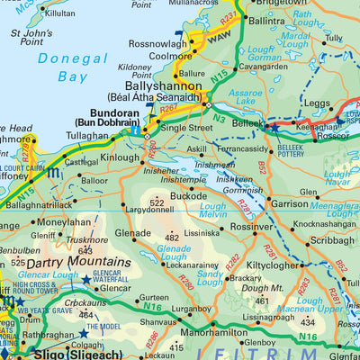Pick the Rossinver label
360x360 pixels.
click(x=251, y=227)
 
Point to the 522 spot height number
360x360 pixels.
click(x=157, y=204)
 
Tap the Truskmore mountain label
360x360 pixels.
click(x=86, y=240)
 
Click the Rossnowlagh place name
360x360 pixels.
click(x=157, y=43)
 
